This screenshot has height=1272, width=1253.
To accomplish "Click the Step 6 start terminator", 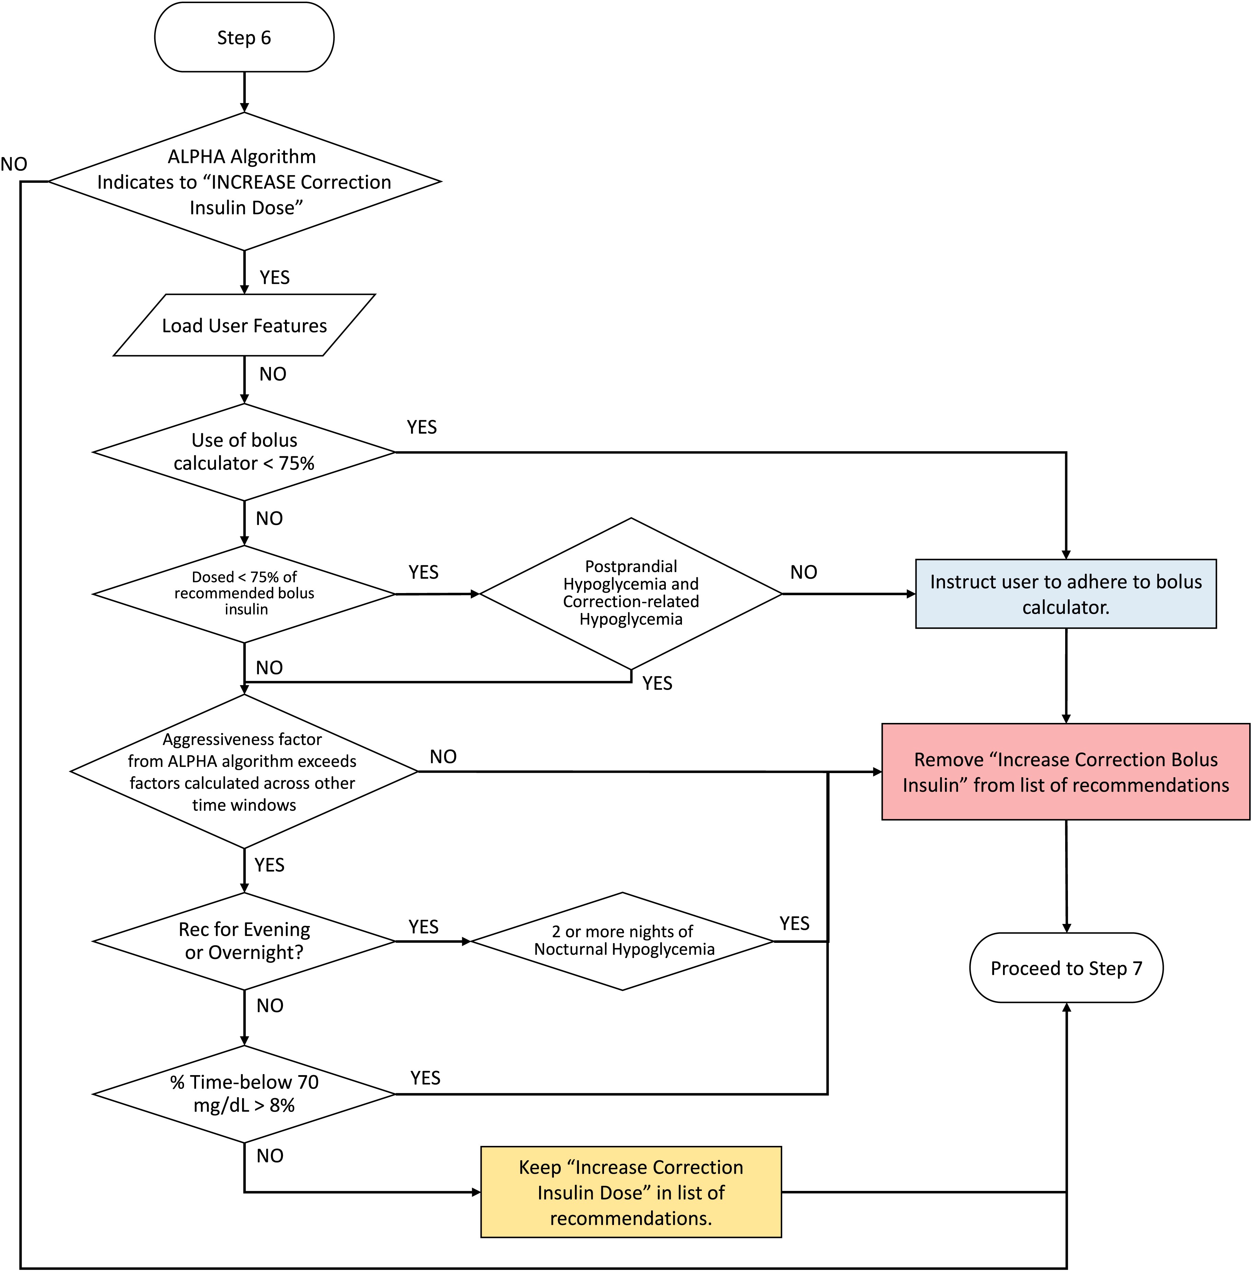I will [244, 37].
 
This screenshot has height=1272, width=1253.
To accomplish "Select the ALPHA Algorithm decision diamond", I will [244, 182].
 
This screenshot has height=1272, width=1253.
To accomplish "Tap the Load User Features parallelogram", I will [244, 325].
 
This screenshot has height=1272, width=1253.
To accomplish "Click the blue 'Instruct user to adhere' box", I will [1066, 594].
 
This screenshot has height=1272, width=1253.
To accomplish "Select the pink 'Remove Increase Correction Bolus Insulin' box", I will [1066, 772].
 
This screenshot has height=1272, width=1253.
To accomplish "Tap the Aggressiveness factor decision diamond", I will [244, 772].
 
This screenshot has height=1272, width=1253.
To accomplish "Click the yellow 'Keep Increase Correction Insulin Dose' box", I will [630, 1192].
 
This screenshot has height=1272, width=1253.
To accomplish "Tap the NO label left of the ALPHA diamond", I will [14, 164].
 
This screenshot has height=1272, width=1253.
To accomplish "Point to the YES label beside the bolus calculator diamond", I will [421, 427].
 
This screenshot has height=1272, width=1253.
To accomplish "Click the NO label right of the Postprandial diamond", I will [804, 572].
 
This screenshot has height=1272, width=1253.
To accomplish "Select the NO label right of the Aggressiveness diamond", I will [443, 757].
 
